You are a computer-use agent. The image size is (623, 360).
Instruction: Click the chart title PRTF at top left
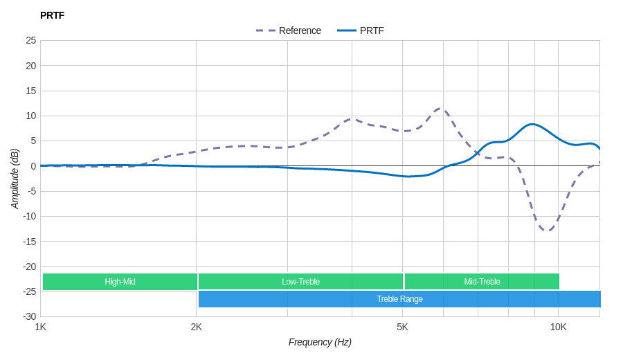click(52, 15)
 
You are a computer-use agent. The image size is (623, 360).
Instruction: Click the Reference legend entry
click(289, 30)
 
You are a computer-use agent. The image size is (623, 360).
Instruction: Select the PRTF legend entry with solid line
click(361, 30)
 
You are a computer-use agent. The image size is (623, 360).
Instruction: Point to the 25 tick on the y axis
click(31, 40)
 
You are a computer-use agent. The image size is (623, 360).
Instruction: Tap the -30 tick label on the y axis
click(30, 316)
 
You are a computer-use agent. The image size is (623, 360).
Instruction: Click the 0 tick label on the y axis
click(33, 166)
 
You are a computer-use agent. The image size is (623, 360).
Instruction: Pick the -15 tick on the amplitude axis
click(30, 241)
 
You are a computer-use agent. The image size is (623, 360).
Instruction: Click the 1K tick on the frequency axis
click(41, 327)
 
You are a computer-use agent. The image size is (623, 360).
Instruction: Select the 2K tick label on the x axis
click(197, 327)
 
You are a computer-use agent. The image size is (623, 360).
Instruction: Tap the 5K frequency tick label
click(402, 327)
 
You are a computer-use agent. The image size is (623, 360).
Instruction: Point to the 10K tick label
click(558, 327)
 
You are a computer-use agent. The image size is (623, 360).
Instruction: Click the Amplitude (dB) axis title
click(15, 179)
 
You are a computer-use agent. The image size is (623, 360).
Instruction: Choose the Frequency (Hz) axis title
click(320, 342)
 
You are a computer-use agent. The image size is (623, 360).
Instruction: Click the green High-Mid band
click(120, 282)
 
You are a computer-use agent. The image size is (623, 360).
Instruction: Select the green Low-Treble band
click(300, 282)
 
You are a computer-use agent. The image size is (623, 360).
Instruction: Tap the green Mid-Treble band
click(482, 282)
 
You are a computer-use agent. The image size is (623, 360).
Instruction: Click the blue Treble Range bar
click(399, 299)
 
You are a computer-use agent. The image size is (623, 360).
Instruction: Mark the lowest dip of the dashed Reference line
click(548, 231)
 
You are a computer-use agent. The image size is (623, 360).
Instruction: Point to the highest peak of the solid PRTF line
click(532, 125)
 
